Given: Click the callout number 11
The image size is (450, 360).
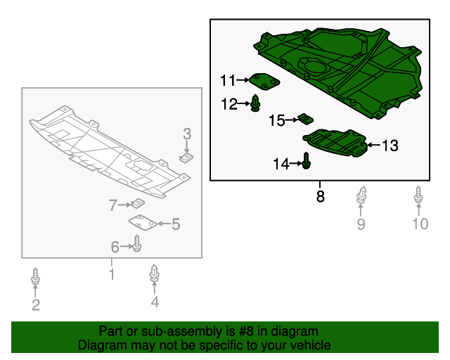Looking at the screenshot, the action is pos(228,80).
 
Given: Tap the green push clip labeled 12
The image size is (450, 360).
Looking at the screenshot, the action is pos(255,103).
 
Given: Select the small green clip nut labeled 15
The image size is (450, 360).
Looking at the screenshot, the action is pos(305,119).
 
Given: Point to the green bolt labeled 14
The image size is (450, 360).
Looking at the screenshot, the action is pos(307,160).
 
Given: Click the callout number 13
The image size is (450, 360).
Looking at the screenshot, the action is pos(390,146).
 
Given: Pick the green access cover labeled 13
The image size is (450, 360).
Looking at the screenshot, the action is pos(335,143).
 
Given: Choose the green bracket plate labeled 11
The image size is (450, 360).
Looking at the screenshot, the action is pos(264,82).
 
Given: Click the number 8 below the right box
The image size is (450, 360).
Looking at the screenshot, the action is pos(321,196).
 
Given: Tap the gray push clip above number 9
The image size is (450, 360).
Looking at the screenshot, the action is pos(361,195).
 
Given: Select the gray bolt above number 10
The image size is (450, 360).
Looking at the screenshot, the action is pos(418,195).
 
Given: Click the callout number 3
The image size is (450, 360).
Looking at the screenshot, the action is pos(187,134).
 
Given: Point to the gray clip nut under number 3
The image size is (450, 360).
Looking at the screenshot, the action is pos(186,157).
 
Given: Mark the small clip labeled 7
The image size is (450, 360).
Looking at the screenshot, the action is pos(138,203).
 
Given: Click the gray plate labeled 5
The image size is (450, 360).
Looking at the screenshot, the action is pos(143,222).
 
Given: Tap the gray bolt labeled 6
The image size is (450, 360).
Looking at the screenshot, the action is pos(137,244).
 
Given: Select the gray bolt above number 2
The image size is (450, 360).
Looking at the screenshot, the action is pos(35,276).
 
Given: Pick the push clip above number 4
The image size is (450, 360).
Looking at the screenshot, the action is pos(155,274).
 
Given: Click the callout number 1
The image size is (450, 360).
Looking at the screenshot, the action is pos(112,274).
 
